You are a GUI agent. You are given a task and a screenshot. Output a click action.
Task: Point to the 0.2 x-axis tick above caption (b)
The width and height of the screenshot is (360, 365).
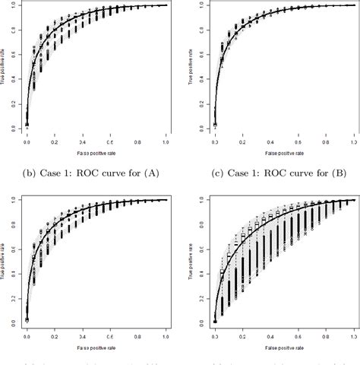click(x=54, y=142)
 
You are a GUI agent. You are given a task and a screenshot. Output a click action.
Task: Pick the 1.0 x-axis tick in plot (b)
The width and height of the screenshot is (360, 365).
click(x=166, y=142)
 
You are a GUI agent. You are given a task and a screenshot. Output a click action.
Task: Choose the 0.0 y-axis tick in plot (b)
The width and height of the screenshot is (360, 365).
click(x=11, y=129)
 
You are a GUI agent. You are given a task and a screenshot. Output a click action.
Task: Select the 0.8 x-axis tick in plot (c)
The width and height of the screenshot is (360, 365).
click(x=327, y=142)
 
